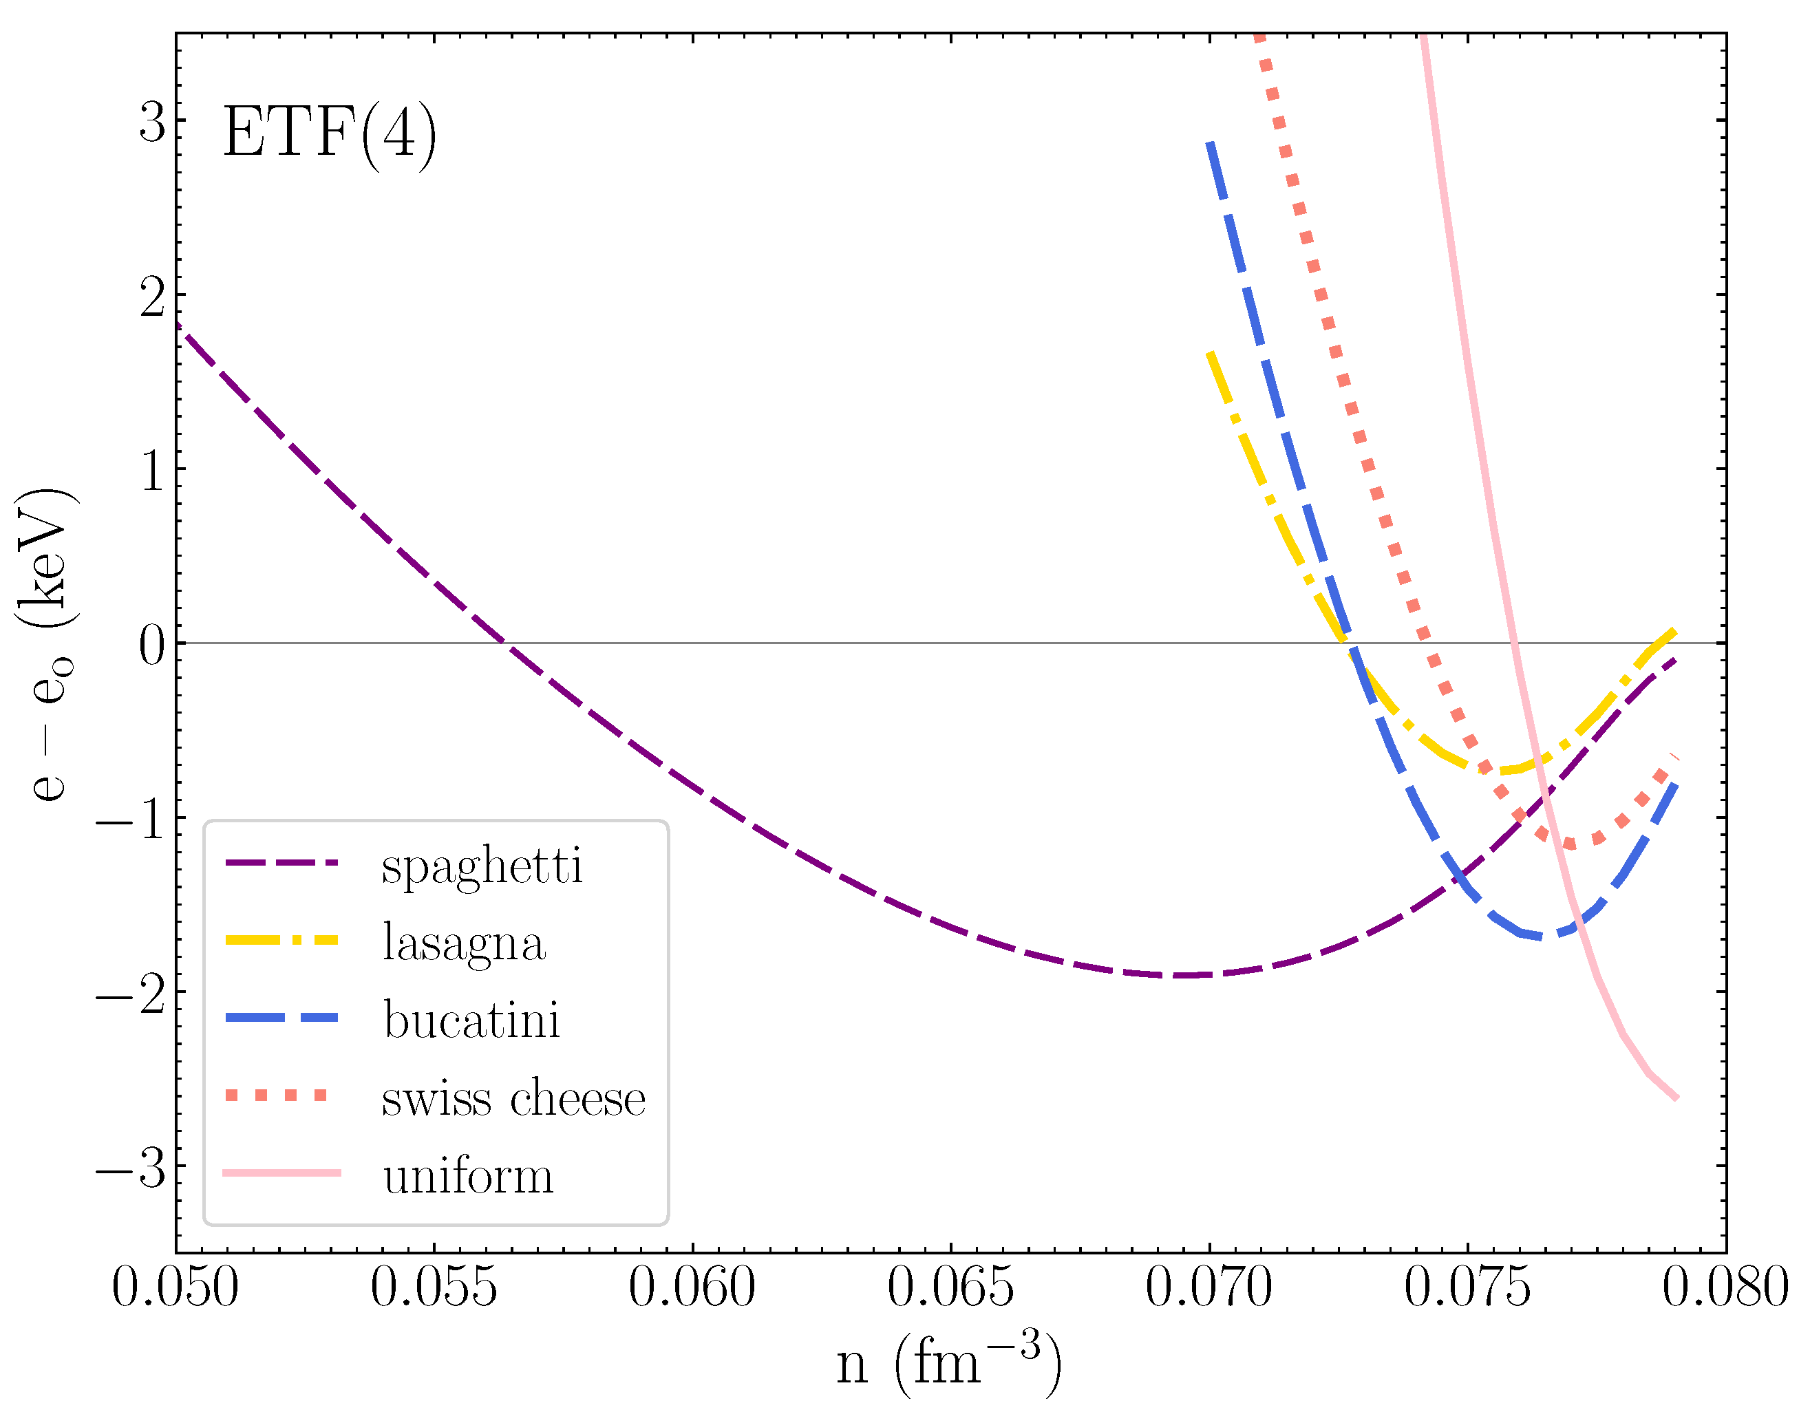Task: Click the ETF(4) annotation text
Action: click(x=329, y=133)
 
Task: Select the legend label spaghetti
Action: click(x=482, y=866)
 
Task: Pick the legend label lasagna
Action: click(x=464, y=943)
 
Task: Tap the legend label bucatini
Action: click(x=471, y=1020)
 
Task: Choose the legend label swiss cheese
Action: click(x=513, y=1099)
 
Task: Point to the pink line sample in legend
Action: click(x=281, y=1173)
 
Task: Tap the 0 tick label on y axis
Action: click(x=153, y=645)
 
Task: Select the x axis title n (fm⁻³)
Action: click(x=949, y=1364)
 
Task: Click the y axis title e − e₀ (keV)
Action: click(x=48, y=644)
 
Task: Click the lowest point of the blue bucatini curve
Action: click(x=1542, y=937)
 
